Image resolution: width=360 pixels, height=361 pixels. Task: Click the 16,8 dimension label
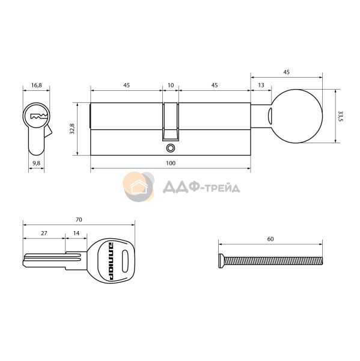pyautogui.click(x=36, y=85)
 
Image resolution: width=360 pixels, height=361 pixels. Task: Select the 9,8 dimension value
pyautogui.click(x=36, y=163)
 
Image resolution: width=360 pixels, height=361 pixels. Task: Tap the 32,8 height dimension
pyautogui.click(x=72, y=129)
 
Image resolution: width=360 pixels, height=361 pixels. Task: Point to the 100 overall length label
pyautogui.click(x=171, y=163)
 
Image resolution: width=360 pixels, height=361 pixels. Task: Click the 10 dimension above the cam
pyautogui.click(x=171, y=85)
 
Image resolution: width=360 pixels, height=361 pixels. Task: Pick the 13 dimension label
pyautogui.click(x=261, y=85)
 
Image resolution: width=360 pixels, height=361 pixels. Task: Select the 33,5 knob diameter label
pyautogui.click(x=340, y=116)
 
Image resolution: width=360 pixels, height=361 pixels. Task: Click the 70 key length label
pyautogui.click(x=79, y=220)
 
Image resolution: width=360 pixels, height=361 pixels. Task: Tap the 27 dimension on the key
pyautogui.click(x=44, y=233)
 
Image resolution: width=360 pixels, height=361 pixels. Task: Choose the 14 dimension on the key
pyautogui.click(x=76, y=233)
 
